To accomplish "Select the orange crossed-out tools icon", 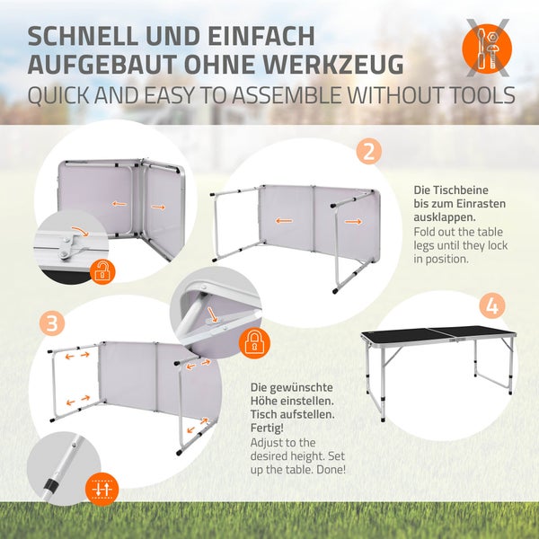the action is click(487, 49).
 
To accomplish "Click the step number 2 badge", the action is click(369, 151).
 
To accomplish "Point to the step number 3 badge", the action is click(52, 323).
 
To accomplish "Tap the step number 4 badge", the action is click(492, 305).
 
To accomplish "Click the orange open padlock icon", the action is click(102, 271).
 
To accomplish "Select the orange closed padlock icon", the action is click(254, 342).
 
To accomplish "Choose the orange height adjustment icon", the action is click(102, 489).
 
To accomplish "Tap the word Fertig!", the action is click(267, 428).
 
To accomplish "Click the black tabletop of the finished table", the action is click(438, 334).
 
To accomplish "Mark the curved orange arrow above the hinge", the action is click(80, 231).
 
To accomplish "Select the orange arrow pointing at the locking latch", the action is click(212, 315).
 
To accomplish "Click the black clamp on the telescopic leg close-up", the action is click(51, 483).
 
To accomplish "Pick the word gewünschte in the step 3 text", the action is click(301, 388).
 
